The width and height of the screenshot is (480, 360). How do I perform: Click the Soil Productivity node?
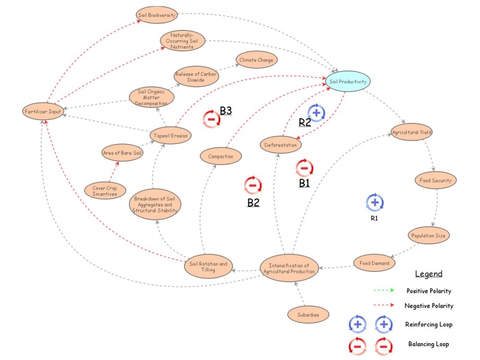pyautogui.click(x=348, y=82)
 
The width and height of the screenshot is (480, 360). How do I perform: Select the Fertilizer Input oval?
pyautogui.click(x=43, y=112)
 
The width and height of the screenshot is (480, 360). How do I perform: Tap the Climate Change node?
pyautogui.click(x=256, y=59)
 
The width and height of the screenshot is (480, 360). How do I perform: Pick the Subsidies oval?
pyautogui.click(x=308, y=314)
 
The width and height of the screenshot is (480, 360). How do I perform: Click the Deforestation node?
pyautogui.click(x=281, y=145)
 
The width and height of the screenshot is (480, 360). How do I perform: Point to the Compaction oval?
pyautogui.click(x=221, y=156)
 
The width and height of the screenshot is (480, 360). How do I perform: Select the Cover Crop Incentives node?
pyautogui.click(x=105, y=191)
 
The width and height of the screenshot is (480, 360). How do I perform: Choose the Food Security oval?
pyautogui.click(x=436, y=181)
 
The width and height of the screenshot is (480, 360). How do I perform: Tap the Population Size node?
pyautogui.click(x=428, y=235)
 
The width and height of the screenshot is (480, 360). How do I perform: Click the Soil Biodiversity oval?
pyautogui.click(x=157, y=15)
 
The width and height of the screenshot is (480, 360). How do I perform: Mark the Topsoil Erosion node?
pyautogui.click(x=170, y=136)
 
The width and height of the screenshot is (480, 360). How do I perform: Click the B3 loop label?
pyautogui.click(x=226, y=110)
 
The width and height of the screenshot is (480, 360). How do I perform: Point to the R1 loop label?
pyautogui.click(x=374, y=218)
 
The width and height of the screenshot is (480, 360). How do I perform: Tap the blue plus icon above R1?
pyautogui.click(x=374, y=202)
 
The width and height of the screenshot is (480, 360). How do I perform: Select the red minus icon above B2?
pyautogui.click(x=253, y=185)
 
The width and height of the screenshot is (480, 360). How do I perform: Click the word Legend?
pyautogui.click(x=428, y=274)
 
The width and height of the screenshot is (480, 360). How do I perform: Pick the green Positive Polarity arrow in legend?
pyautogui.click(x=384, y=290)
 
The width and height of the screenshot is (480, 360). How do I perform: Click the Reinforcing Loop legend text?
pyautogui.click(x=428, y=325)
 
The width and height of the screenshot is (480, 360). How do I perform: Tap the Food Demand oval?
pyautogui.click(x=374, y=263)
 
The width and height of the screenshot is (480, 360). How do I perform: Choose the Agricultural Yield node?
pyautogui.click(x=412, y=132)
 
